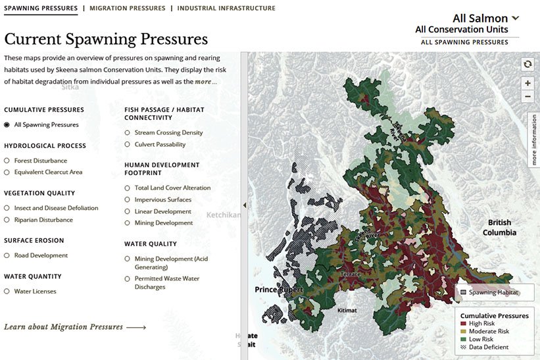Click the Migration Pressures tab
point(128,9)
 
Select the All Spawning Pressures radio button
point(7,124)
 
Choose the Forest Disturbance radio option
point(7,161)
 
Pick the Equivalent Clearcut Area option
point(7,172)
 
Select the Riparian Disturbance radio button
point(7,220)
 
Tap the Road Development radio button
point(7,255)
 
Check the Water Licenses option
point(7,291)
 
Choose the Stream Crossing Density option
point(128,132)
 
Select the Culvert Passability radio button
point(128,144)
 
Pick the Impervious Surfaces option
point(128,199)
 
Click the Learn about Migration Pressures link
point(74,326)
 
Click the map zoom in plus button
point(527,84)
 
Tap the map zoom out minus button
point(527,96)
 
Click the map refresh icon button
point(527,64)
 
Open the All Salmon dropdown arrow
point(515,18)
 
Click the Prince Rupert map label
point(279,290)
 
